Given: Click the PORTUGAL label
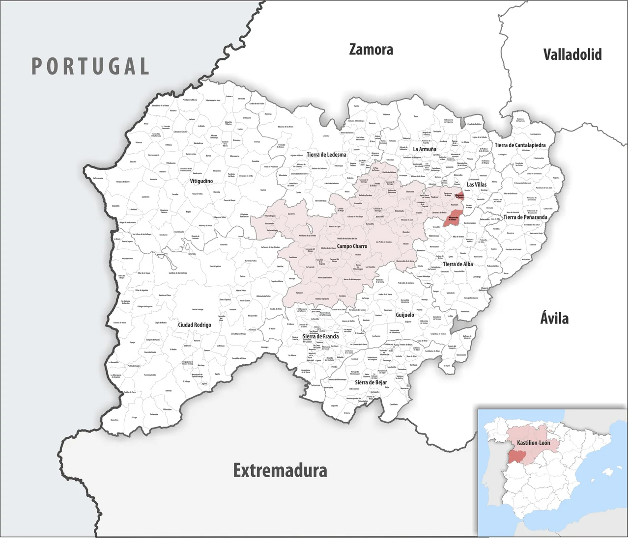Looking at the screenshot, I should point(90,66).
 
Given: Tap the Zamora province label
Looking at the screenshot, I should point(371,50).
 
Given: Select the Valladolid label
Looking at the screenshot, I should point(572,54).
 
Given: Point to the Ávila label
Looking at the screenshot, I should point(554,318).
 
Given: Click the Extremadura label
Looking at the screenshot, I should point(280,470).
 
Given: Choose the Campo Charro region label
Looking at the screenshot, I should point(352,246).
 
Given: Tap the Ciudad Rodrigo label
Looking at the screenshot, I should point(195,325).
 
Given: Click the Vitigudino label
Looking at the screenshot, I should point(201,181).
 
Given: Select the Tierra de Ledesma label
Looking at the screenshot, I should point(326,155).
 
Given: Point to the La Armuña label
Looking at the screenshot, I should point(424,149).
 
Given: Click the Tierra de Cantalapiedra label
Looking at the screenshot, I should point(520,145).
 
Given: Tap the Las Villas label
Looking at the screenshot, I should point(477,185).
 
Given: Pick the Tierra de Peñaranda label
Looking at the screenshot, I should point(525,217).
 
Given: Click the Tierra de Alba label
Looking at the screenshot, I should point(457,264).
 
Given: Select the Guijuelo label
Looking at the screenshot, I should point(405,315).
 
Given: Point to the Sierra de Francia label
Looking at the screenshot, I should point(320,336).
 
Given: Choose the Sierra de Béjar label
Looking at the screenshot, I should point(371,382).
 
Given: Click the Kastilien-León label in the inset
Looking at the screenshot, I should point(533,443).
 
